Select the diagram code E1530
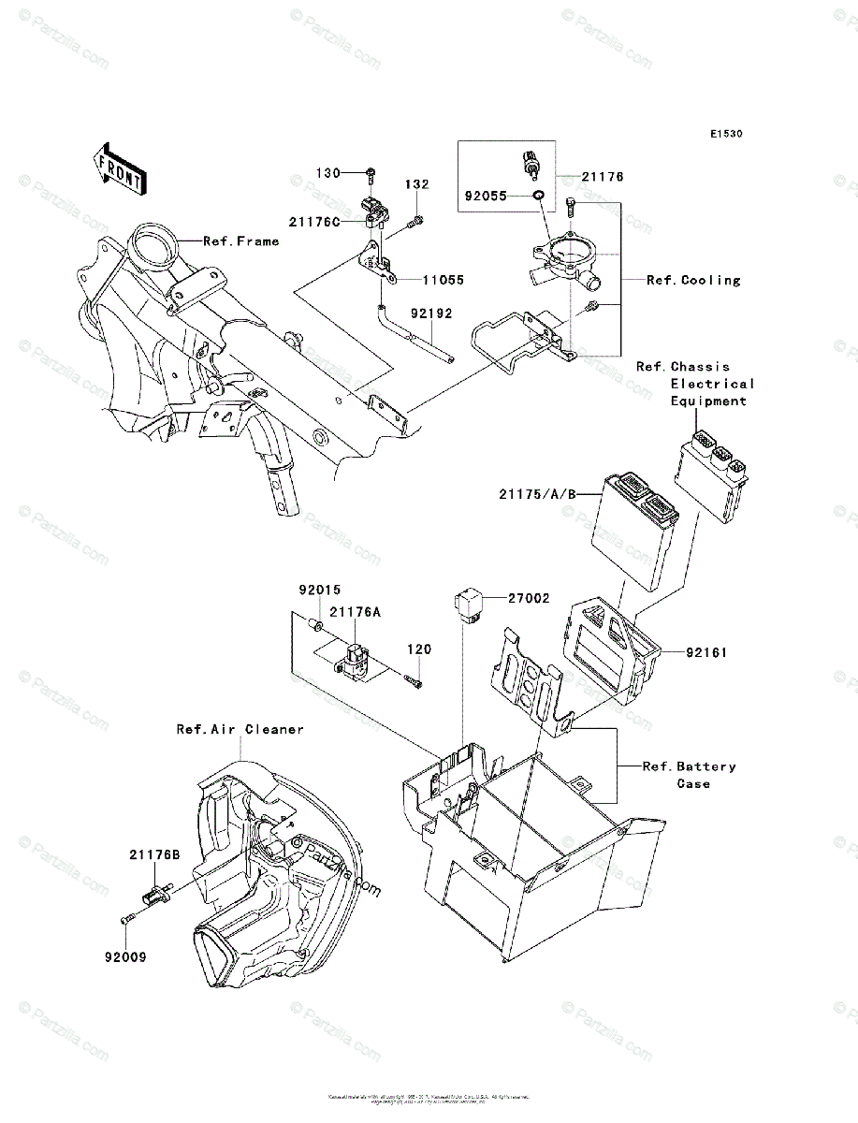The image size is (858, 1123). pos(725,134)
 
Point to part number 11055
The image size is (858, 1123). pos(443,279)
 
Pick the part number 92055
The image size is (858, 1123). pos(485,197)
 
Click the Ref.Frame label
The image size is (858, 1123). pos(241,241)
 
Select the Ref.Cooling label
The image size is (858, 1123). pos(693,280)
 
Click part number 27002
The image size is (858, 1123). pos(529,598)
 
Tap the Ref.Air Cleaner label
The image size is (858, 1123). pos(240,729)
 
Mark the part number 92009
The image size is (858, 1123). pos(125,957)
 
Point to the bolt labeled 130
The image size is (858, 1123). pos(371,173)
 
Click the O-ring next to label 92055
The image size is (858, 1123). pos(538,196)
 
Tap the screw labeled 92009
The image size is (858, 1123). pos(127,921)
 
